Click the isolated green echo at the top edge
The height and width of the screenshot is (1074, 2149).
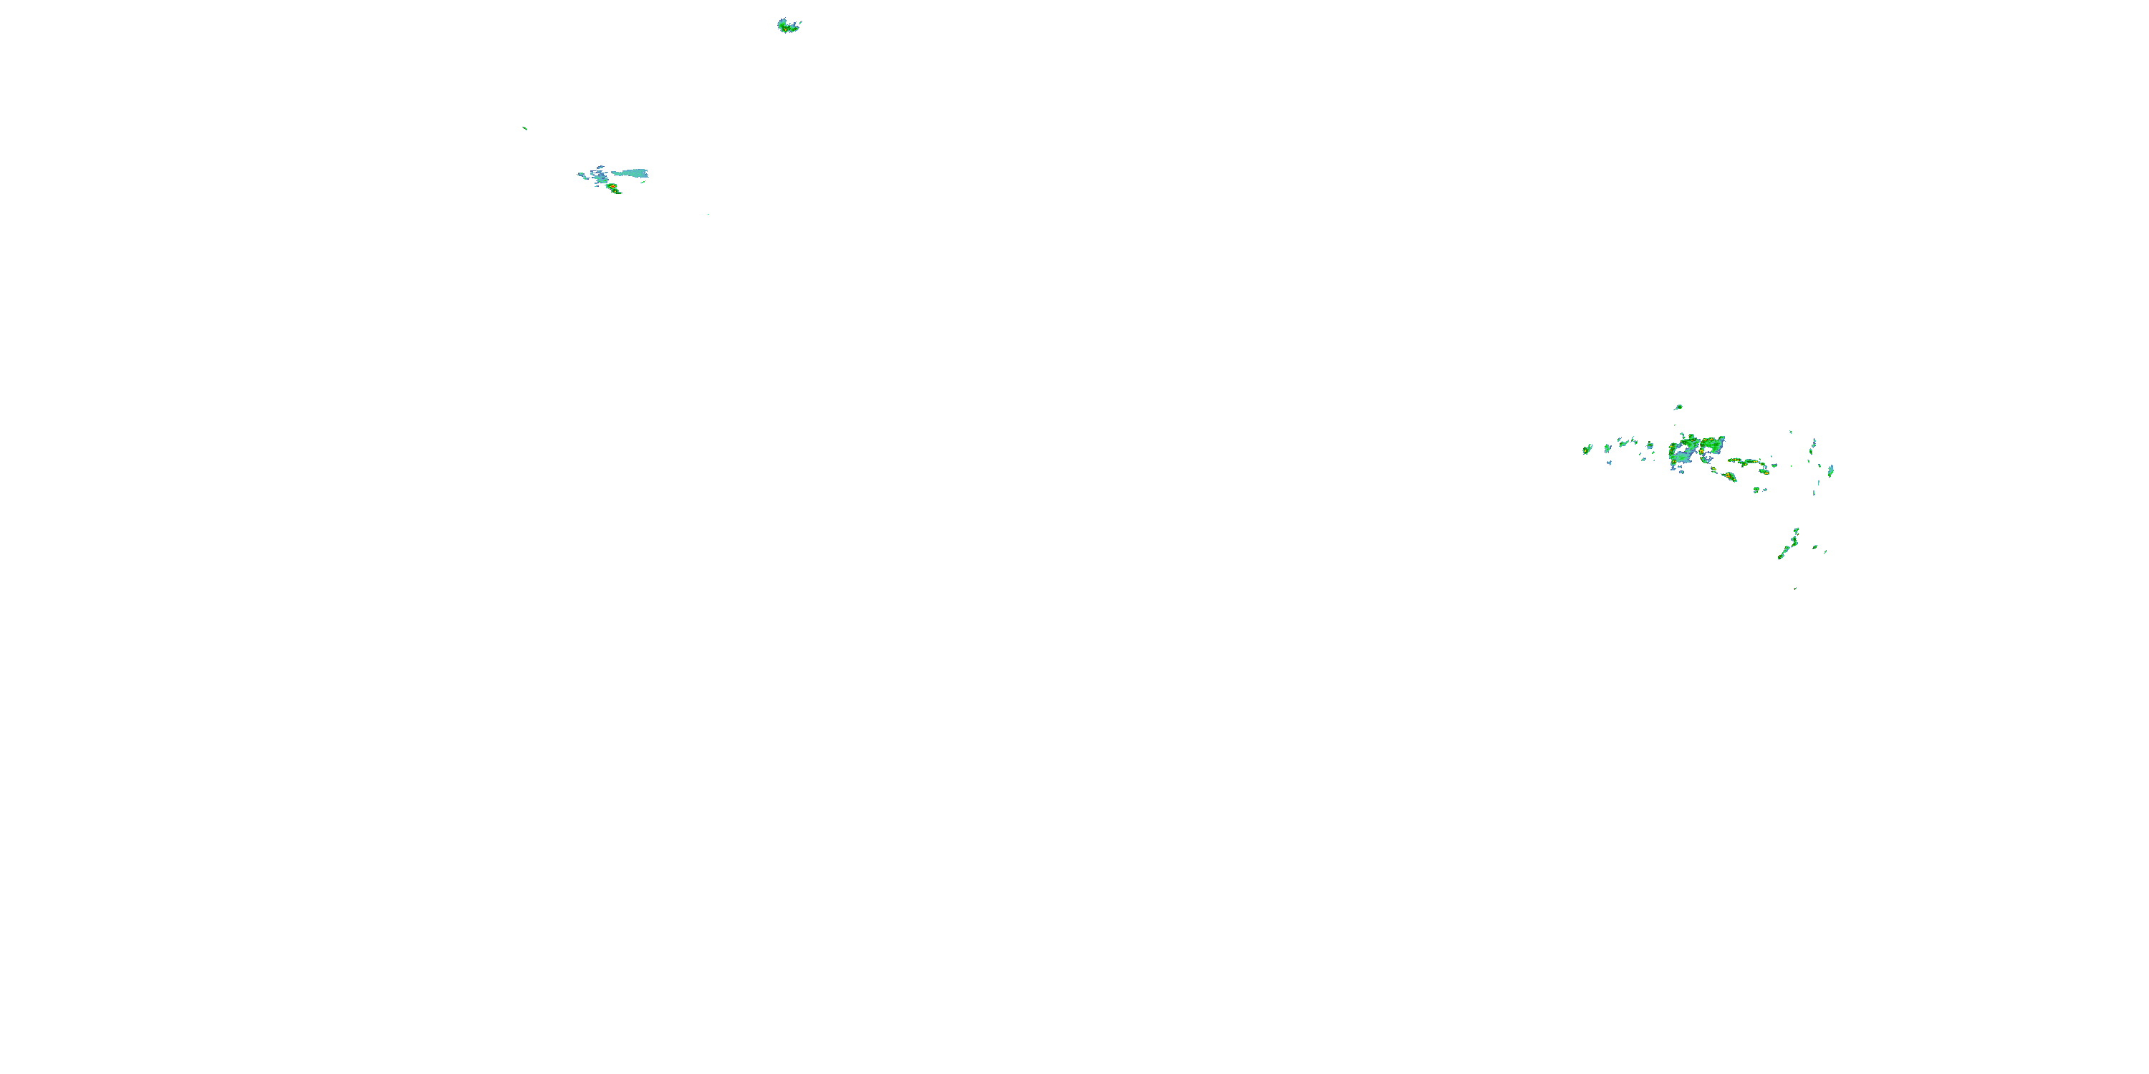[787, 26]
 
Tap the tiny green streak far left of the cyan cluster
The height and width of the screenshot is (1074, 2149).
[524, 127]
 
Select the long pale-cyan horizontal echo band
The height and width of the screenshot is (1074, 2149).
[630, 173]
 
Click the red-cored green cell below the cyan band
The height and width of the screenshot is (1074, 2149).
[613, 188]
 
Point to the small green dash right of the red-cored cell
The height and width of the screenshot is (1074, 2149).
[643, 181]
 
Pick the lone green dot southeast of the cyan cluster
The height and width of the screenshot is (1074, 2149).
[708, 214]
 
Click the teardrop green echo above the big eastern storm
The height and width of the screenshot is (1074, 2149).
[1678, 407]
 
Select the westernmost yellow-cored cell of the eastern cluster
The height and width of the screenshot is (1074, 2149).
[1587, 450]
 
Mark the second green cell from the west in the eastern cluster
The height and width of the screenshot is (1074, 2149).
[1607, 449]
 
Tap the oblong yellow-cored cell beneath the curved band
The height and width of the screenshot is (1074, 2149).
[1730, 476]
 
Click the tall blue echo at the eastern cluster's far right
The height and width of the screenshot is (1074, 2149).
[1830, 470]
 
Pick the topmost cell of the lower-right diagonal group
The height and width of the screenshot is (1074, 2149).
[1796, 531]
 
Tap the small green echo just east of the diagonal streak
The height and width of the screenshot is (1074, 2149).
[1814, 547]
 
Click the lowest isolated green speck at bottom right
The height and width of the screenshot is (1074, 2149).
[1795, 588]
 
